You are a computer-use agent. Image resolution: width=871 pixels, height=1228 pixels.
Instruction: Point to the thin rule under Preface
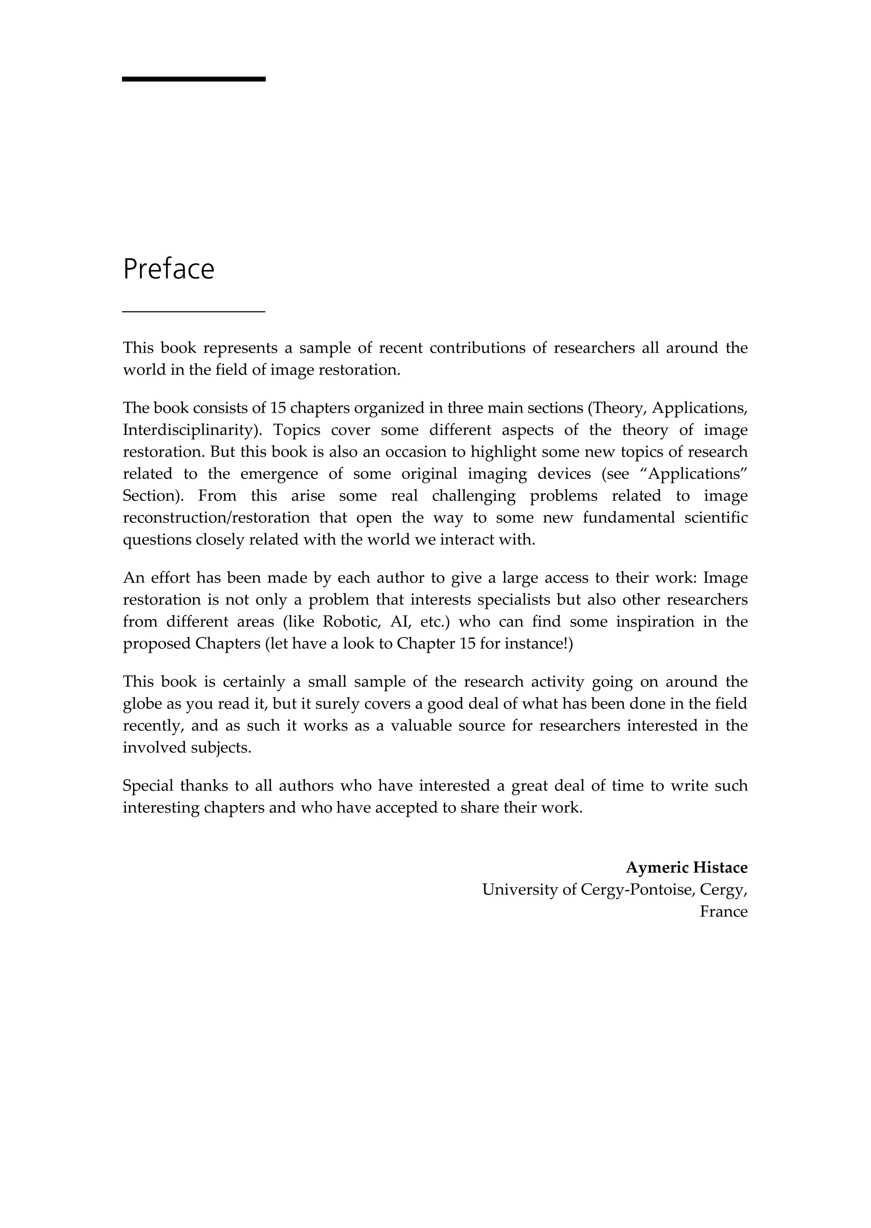click(194, 311)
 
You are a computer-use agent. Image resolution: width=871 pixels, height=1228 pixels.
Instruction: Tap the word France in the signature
click(723, 912)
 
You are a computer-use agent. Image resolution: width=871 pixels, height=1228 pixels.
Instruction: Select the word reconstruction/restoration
click(216, 518)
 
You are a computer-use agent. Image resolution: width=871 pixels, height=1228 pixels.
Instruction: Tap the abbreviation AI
click(400, 622)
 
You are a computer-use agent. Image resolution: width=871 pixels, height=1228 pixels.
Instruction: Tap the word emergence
click(279, 474)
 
